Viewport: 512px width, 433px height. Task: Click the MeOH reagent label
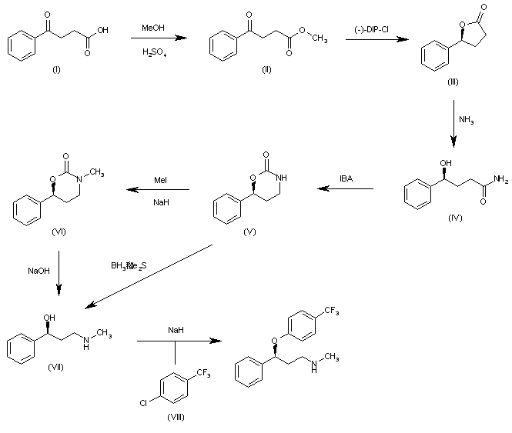tap(152, 28)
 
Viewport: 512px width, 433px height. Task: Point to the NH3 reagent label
tap(467, 119)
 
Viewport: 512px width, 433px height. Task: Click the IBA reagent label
tap(347, 179)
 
